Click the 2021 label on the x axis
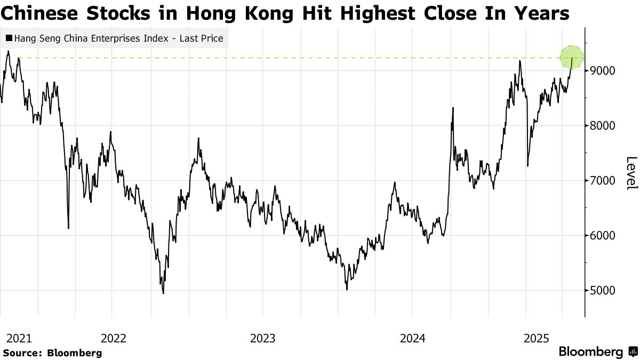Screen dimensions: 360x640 pyautogui.click(x=19, y=338)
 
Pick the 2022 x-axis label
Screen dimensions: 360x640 pyautogui.click(x=113, y=338)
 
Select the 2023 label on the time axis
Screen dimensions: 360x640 pyautogui.click(x=262, y=338)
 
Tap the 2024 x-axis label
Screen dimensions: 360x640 pyautogui.click(x=412, y=338)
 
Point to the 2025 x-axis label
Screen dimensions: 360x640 pyautogui.click(x=536, y=338)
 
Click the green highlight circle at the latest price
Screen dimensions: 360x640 pyautogui.click(x=572, y=58)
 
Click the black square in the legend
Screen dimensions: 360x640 pyautogui.click(x=9, y=38)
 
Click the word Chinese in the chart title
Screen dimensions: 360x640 pyautogui.click(x=36, y=13)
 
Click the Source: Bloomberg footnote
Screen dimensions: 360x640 pyautogui.click(x=52, y=353)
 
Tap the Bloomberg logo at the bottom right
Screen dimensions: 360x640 pyautogui.click(x=590, y=352)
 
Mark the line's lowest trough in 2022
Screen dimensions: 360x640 pyautogui.click(x=163, y=293)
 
